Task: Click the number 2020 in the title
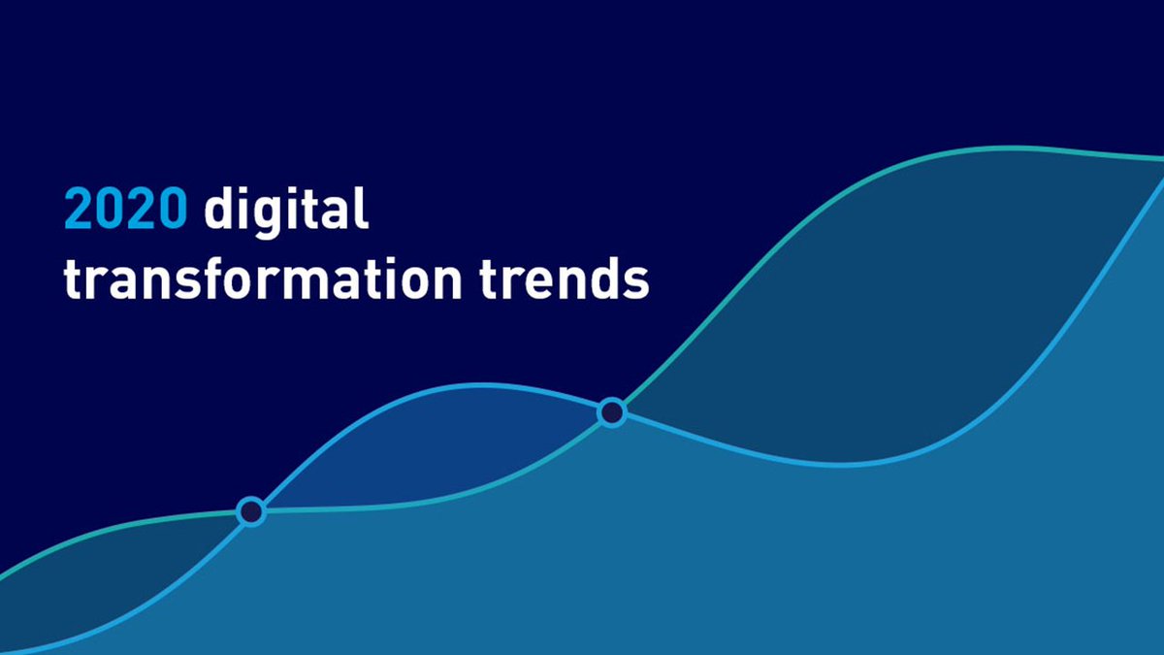[x=124, y=210]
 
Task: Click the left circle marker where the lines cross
[x=251, y=511]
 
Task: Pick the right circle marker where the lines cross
[x=611, y=412]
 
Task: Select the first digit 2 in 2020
[x=80, y=210]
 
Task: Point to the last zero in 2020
[x=171, y=210]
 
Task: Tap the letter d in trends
[x=601, y=275]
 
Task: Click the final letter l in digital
[x=362, y=208]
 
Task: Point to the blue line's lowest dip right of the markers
[x=844, y=465]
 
